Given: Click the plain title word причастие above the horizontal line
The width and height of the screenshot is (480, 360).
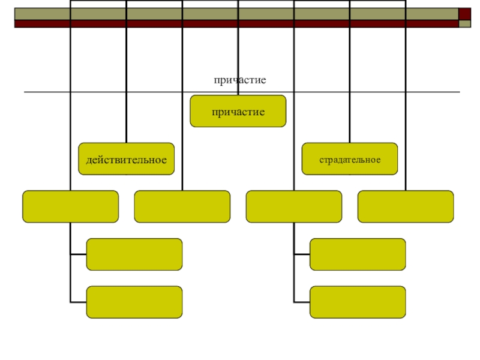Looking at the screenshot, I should [239, 80].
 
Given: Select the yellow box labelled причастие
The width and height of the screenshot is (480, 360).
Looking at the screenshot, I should [238, 111].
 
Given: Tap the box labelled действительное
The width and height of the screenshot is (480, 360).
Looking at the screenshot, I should [126, 159].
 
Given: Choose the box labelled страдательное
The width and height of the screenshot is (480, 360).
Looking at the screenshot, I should [349, 159].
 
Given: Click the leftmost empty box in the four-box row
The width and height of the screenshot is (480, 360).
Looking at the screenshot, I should [70, 206].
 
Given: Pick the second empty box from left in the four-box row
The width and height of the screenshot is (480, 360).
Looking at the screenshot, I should [182, 206].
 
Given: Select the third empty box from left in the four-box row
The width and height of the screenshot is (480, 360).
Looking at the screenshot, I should [294, 206].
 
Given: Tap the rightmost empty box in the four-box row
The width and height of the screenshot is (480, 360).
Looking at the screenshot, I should [406, 206].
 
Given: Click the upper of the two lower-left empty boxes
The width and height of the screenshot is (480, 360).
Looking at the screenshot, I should [134, 254].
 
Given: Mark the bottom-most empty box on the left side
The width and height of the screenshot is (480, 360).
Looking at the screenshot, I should [134, 302].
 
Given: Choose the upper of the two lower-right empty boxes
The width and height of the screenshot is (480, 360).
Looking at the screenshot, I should [358, 254].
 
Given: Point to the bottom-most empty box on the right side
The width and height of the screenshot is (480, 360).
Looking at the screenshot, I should [358, 302].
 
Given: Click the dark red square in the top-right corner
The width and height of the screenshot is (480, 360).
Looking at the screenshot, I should [465, 14].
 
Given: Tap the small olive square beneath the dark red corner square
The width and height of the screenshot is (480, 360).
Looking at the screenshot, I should [465, 24].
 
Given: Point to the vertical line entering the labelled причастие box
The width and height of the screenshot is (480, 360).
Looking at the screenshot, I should [238, 60].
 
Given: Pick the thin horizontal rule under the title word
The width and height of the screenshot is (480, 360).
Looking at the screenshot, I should [120, 92].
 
